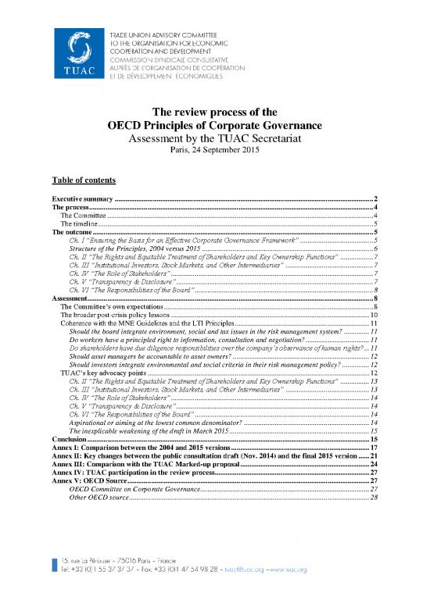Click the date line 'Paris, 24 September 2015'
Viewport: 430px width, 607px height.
[x=214, y=150]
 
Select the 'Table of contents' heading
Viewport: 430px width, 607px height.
[x=84, y=179]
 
